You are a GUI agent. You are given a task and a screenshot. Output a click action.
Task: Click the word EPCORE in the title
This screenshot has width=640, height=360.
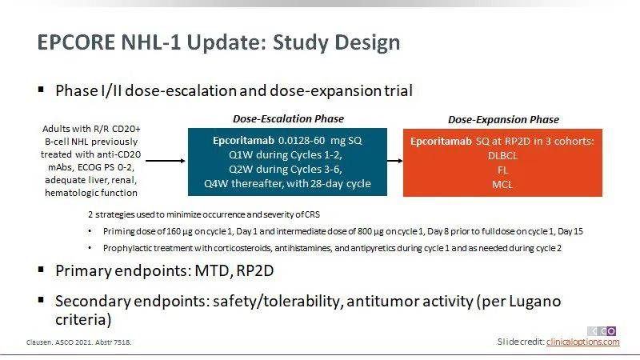click(76, 42)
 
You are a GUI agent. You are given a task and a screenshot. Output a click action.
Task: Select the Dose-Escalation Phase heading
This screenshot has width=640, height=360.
click(288, 118)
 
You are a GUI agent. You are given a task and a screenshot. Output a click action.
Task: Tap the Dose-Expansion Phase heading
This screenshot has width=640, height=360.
click(503, 119)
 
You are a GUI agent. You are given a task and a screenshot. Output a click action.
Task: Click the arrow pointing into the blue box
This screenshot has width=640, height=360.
click(166, 161)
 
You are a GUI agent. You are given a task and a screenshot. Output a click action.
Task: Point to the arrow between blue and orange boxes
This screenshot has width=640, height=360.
click(394, 161)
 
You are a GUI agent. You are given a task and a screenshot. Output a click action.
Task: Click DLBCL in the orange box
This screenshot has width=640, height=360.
click(502, 155)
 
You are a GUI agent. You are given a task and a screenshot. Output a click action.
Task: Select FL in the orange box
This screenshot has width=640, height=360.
click(502, 170)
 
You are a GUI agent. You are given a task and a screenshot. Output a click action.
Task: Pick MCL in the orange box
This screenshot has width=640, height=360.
click(502, 185)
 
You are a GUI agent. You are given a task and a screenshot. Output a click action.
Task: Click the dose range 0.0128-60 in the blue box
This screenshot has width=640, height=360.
click(302, 141)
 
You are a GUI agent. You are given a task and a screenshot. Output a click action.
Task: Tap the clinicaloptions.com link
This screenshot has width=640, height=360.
click(582, 342)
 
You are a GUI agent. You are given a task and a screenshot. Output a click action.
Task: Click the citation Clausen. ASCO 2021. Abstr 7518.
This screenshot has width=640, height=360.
click(78, 342)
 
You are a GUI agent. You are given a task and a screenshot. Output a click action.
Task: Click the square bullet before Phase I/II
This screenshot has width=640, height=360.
click(41, 89)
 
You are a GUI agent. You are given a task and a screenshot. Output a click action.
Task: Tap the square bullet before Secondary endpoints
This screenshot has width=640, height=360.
click(41, 301)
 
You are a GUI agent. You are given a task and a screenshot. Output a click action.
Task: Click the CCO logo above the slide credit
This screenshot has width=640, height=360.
click(602, 331)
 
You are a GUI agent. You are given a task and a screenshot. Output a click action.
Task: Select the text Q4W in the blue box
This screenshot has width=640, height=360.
click(216, 184)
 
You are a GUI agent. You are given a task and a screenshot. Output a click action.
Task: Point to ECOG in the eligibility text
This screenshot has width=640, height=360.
click(89, 167)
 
